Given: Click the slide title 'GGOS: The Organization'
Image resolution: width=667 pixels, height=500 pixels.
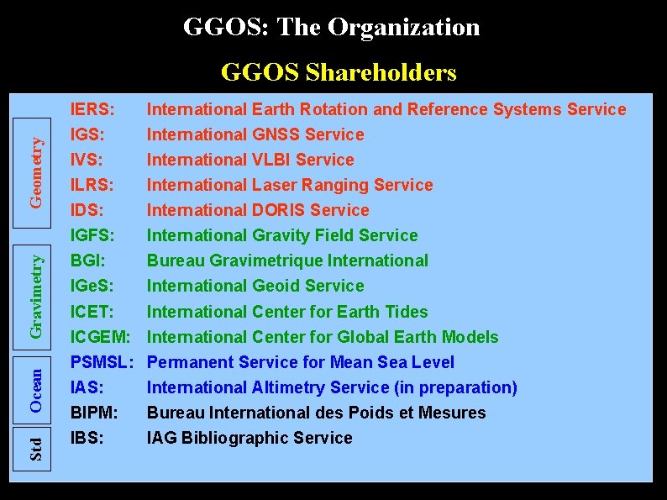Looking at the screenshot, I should (x=332, y=28).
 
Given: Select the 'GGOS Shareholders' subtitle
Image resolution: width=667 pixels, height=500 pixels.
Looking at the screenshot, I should (x=338, y=73).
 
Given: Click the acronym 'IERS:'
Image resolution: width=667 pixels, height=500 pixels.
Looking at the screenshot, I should (x=92, y=109).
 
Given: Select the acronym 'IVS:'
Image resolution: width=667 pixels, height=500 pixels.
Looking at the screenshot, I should (x=88, y=160).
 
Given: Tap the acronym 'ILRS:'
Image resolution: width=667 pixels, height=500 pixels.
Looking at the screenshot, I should (x=92, y=185).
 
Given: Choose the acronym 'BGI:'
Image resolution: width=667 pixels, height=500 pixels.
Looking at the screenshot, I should (x=87, y=261).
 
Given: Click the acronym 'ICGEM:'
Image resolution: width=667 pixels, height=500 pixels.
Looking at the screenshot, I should (x=100, y=337).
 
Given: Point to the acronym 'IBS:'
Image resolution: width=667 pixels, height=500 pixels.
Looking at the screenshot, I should (x=87, y=438).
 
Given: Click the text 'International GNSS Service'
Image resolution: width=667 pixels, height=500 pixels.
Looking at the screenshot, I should (x=255, y=134).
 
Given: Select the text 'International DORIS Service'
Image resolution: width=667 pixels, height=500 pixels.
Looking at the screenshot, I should (x=258, y=210).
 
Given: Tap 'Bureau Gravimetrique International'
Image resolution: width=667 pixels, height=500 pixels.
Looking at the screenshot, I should (x=287, y=261).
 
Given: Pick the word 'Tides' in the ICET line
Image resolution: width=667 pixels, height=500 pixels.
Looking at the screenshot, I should (x=406, y=312).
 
